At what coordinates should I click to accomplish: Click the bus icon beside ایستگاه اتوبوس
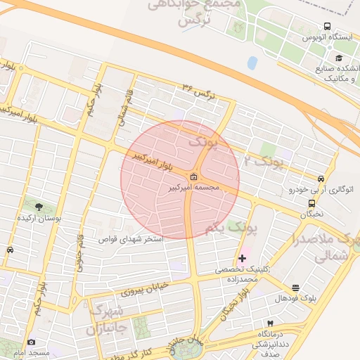(x=328, y=27)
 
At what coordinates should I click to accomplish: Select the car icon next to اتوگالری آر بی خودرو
(x=321, y=179)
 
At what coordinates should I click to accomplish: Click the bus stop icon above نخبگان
(x=311, y=203)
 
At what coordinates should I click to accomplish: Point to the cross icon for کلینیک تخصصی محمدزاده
(x=243, y=259)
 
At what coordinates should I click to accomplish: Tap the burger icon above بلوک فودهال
(x=295, y=288)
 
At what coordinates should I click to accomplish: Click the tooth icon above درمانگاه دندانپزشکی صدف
(x=269, y=322)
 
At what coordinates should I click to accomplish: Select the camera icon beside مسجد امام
(x=31, y=342)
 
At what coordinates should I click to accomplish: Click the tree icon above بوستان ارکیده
(x=38, y=207)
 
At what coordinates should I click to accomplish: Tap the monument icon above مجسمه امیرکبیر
(x=193, y=176)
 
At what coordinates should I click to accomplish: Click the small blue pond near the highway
(x=252, y=63)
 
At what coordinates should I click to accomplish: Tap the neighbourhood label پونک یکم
(x=233, y=229)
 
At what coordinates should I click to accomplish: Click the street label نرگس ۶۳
(x=197, y=89)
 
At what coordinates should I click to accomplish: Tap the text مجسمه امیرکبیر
(x=195, y=188)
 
